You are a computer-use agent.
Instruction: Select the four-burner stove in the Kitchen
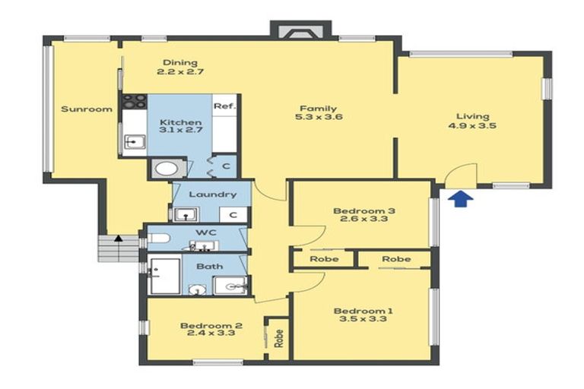(x=135, y=100)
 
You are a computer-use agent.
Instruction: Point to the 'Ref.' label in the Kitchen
(x=223, y=106)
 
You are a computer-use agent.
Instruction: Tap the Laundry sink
(x=185, y=214)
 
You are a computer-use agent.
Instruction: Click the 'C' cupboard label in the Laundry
(x=234, y=215)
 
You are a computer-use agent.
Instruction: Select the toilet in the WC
(x=158, y=239)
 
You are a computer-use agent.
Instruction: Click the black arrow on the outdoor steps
(x=118, y=239)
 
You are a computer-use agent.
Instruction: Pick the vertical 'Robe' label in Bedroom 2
(x=278, y=336)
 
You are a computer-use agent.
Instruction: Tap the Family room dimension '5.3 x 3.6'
(x=318, y=118)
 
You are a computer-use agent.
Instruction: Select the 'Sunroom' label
(x=87, y=109)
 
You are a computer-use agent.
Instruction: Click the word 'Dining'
(x=180, y=62)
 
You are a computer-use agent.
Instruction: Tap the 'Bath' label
(x=209, y=267)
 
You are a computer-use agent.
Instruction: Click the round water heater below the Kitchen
(x=166, y=169)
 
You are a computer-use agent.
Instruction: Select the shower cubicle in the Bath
(x=165, y=276)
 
